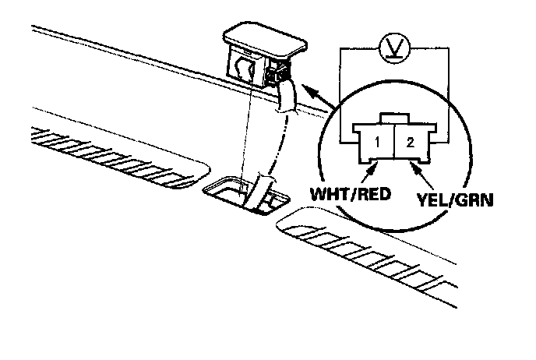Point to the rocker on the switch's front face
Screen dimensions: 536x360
(244, 69)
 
